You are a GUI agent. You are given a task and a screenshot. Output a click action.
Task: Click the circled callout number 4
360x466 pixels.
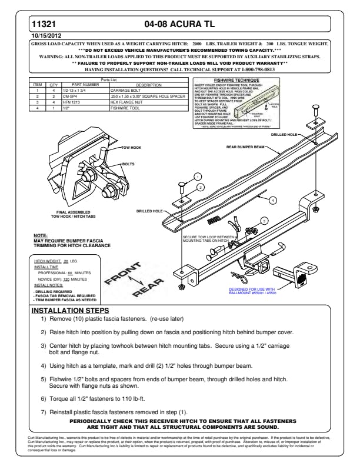tap(273, 200)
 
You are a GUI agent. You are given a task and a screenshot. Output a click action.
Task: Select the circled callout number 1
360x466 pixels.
tap(198, 176)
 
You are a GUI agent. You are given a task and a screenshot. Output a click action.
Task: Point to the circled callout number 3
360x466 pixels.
tap(265, 221)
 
